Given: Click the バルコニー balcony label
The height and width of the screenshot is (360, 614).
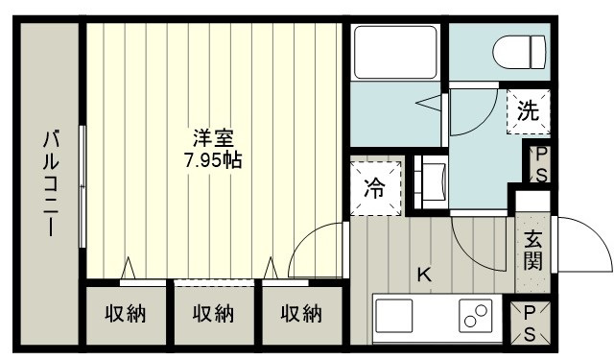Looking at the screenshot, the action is click(51, 184).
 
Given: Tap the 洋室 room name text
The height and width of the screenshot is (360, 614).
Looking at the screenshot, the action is click(213, 138).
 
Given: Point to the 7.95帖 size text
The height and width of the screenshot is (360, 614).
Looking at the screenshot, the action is click(213, 159).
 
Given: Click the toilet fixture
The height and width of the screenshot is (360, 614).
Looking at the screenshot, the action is click(519, 53).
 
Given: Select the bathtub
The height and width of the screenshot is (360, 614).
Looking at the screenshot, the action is click(395, 52).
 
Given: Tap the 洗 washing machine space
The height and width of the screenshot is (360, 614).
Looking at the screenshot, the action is click(529, 112).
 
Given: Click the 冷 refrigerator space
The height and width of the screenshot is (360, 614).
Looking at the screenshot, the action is click(375, 188).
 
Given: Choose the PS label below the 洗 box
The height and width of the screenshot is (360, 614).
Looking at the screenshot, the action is click(541, 164).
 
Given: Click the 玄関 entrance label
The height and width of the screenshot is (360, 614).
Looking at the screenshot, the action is click(533, 251).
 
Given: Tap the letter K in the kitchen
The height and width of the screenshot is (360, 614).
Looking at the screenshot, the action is click(424, 275).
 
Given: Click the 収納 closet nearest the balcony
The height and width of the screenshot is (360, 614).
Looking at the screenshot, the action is click(126, 315).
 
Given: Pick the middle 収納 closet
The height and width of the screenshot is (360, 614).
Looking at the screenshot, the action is click(213, 315).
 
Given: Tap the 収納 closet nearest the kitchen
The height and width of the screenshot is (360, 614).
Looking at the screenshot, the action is click(301, 315).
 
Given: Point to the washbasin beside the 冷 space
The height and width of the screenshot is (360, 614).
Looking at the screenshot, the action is click(431, 182).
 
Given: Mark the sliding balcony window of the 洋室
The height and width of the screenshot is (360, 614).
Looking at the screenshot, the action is click(83, 186).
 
